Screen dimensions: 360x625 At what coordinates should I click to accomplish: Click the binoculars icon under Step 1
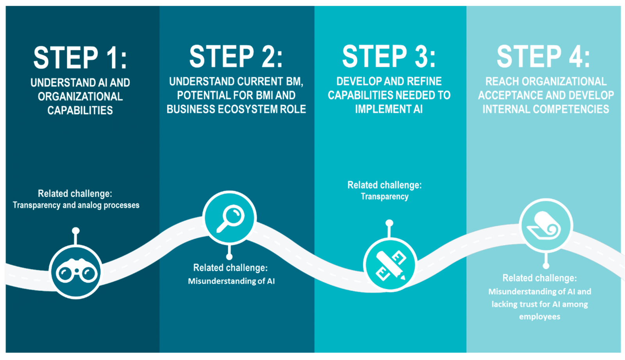[x=76, y=272]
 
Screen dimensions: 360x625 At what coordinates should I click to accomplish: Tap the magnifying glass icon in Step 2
[x=230, y=218]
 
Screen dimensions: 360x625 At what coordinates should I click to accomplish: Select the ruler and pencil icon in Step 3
[x=390, y=265]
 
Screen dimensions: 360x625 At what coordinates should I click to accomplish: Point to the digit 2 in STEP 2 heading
[x=268, y=57]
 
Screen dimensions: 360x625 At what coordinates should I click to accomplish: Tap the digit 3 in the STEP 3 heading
[x=421, y=57]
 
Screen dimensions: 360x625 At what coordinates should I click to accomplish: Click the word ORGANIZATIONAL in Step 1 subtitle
[x=80, y=97]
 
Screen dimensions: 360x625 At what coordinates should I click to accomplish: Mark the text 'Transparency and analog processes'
[x=76, y=205]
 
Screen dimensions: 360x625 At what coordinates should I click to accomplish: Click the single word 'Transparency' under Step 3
[x=384, y=197]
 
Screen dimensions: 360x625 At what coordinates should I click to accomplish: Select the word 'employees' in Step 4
[x=539, y=317]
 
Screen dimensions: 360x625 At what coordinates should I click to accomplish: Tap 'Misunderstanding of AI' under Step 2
[x=231, y=281]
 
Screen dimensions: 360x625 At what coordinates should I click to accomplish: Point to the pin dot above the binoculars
[x=76, y=231]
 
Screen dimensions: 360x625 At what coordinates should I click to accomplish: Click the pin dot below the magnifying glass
[x=229, y=257]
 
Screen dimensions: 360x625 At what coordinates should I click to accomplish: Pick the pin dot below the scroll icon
[x=546, y=266]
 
